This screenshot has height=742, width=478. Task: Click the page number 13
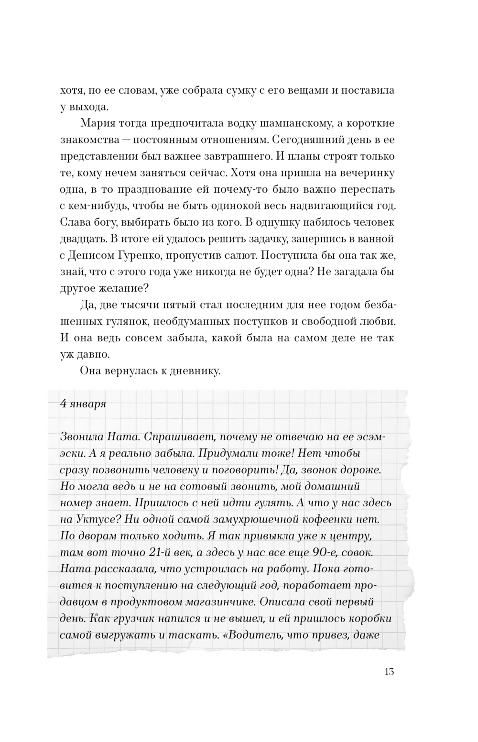(x=389, y=671)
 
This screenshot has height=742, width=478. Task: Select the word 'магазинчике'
(x=222, y=601)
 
